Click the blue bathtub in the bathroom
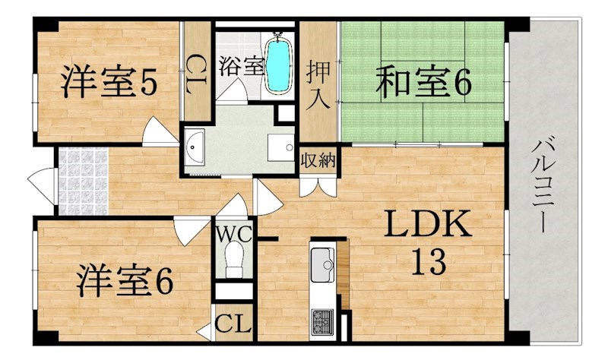coord(279,64)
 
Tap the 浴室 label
coord(241,66)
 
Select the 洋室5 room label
coord(109,82)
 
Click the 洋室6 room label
coord(125,280)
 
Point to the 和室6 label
coord(423,82)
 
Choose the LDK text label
coord(428,224)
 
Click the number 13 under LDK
coord(428,261)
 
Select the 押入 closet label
coord(318,86)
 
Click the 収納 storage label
coord(318,159)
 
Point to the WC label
coord(234,234)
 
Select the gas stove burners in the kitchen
coord(322,321)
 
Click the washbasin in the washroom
coord(195,146)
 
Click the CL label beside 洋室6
coord(233,324)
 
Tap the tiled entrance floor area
coord(83,181)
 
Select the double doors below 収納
coord(318,187)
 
